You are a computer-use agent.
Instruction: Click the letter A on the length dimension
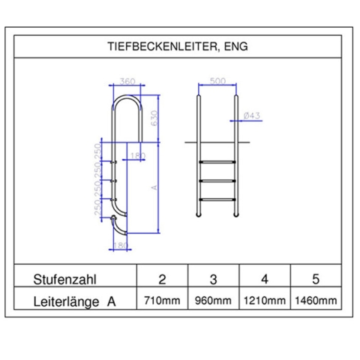(x=153, y=188)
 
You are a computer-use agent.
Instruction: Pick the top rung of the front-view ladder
(x=217, y=160)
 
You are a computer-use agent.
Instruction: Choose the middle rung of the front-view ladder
(x=217, y=180)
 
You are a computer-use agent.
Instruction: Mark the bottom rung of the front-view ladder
(x=217, y=199)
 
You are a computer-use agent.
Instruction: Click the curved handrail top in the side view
(x=126, y=99)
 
